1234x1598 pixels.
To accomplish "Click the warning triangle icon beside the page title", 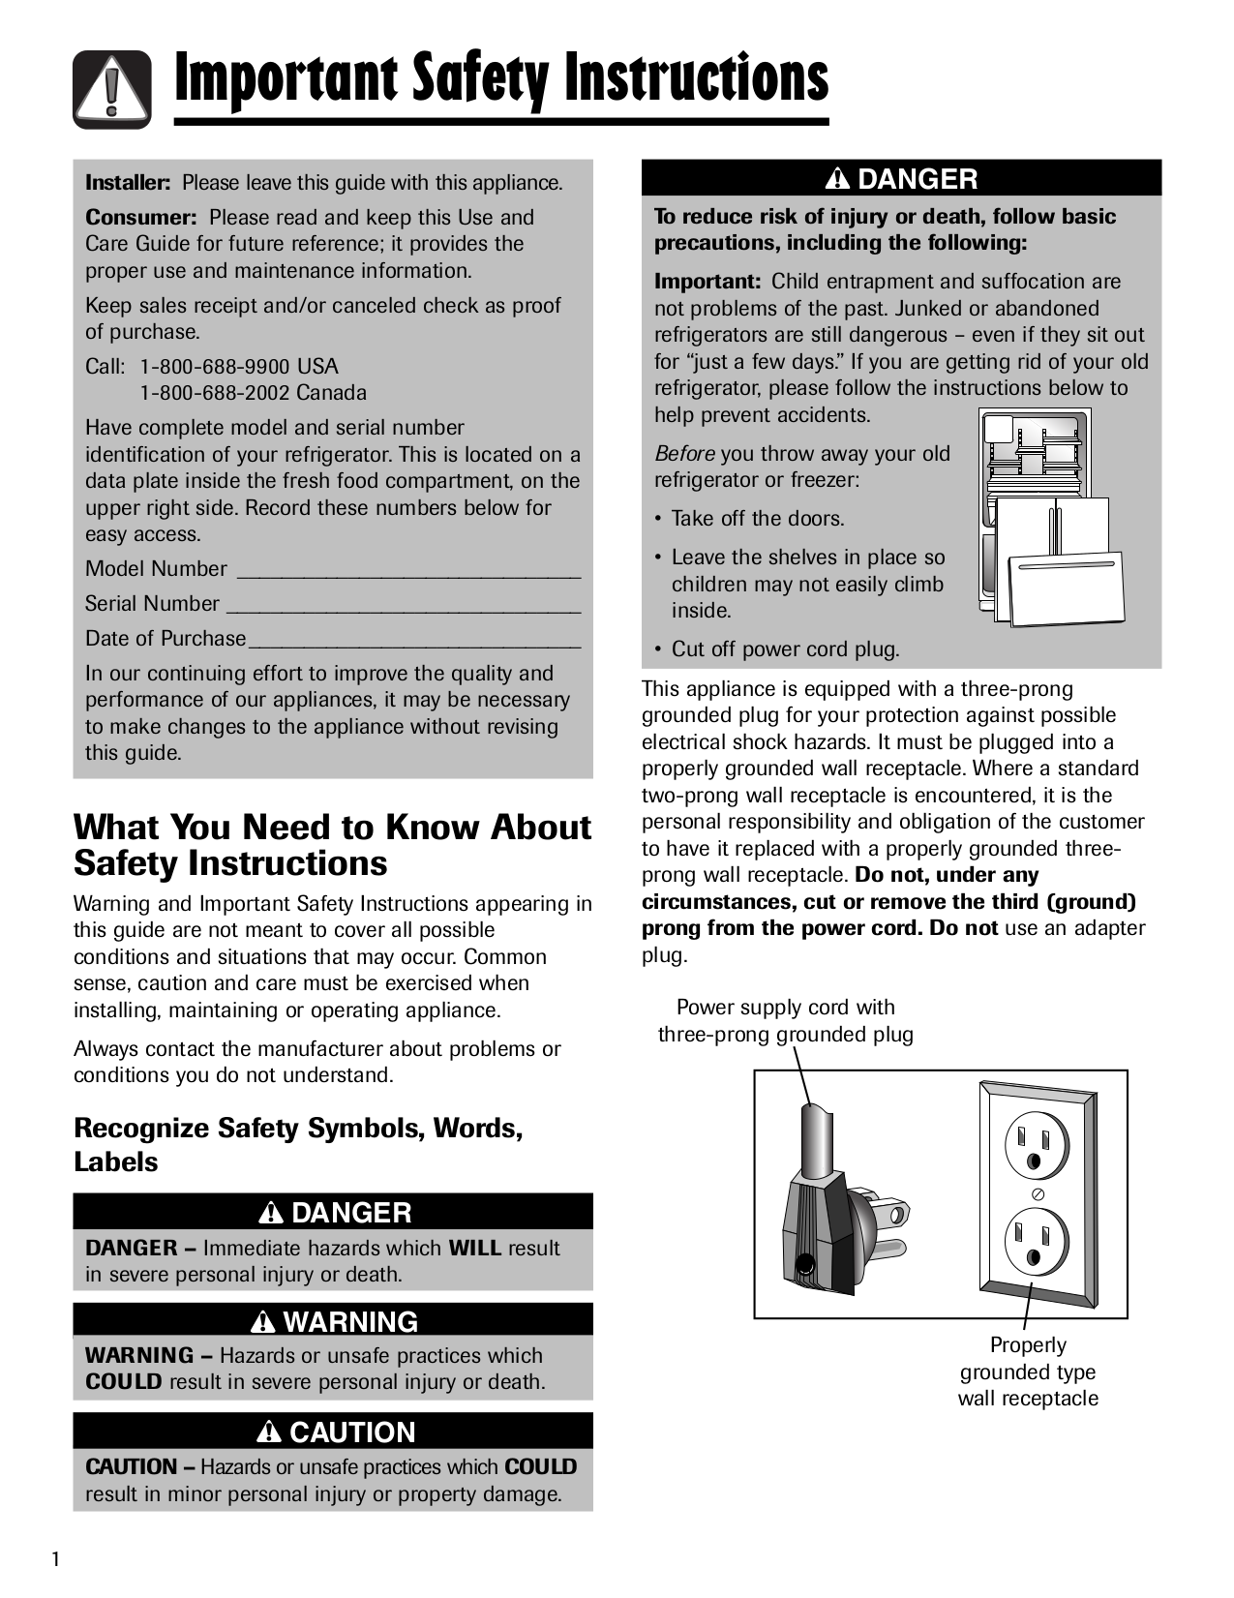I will (x=112, y=89).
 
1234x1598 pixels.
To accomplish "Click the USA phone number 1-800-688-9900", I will (x=239, y=367).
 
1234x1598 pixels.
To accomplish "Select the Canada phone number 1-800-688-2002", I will (x=254, y=393).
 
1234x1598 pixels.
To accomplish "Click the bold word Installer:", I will (x=129, y=183).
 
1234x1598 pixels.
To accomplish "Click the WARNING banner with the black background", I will (x=333, y=1321).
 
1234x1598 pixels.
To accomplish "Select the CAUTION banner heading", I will (x=333, y=1432).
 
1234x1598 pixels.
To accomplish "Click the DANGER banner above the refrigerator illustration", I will (x=901, y=179).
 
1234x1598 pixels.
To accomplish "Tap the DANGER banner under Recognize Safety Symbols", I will (x=333, y=1212).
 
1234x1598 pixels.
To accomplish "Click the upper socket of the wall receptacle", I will (x=1037, y=1144).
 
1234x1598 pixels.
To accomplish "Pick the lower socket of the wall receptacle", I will (x=1037, y=1241).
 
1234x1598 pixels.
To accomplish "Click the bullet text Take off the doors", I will (x=757, y=519).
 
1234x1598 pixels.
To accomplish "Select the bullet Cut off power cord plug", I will (x=784, y=649).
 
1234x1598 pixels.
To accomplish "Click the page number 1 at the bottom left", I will (x=55, y=1559).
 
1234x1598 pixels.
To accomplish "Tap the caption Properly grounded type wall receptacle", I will (x=1028, y=1372).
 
